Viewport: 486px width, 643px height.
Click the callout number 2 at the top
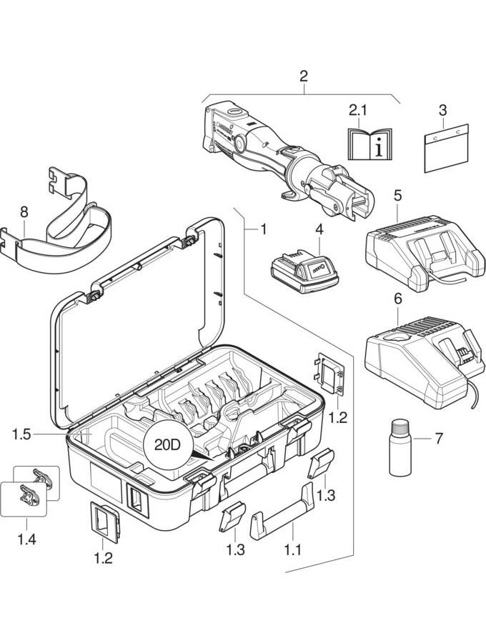pos(304,76)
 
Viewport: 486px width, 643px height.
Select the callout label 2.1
pos(357,111)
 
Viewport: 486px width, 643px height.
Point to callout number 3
pos(443,111)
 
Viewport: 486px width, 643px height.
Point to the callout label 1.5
pos(23,434)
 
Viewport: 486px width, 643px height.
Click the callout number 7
pos(440,436)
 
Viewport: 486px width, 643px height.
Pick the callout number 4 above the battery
pos(319,230)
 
